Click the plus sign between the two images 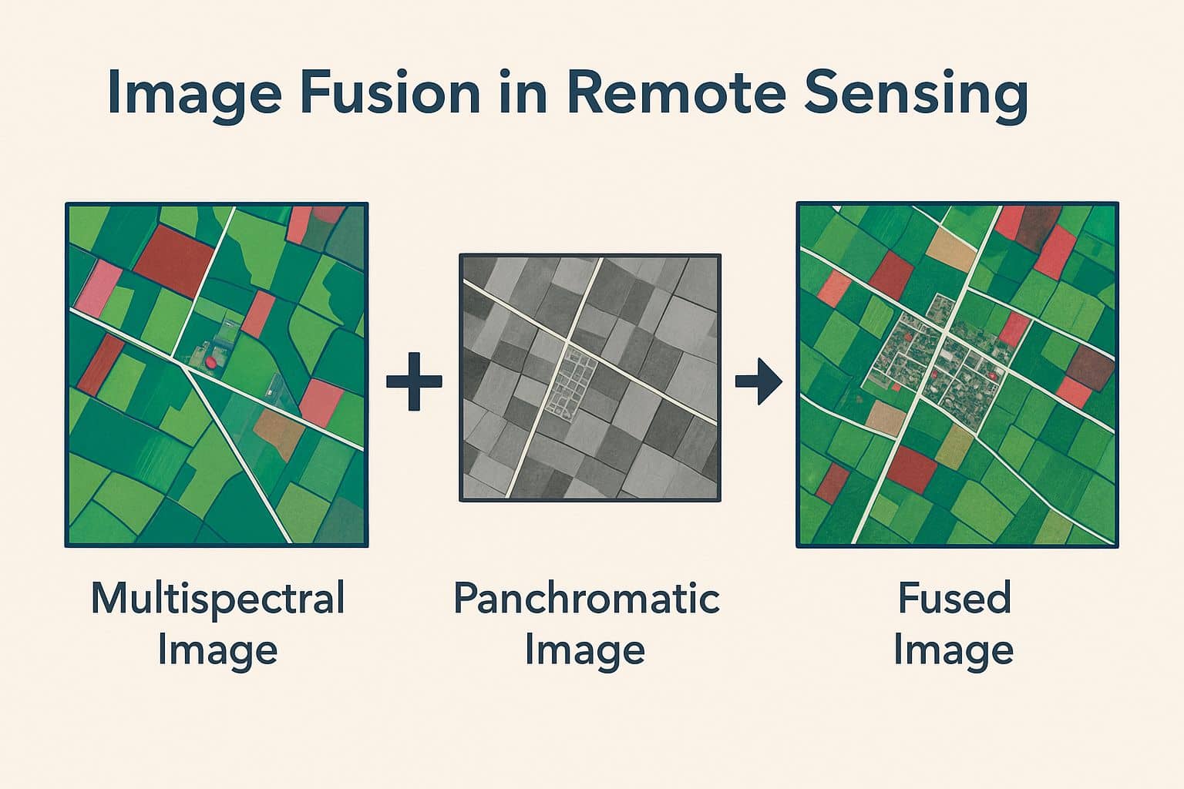[414, 381]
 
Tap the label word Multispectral [217, 599]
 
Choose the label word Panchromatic [586, 599]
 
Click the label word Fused [954, 599]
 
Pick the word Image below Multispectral [217, 650]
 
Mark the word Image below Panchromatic [585, 650]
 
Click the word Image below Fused [954, 650]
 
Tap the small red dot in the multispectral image [211, 361]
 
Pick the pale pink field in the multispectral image [98, 284]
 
